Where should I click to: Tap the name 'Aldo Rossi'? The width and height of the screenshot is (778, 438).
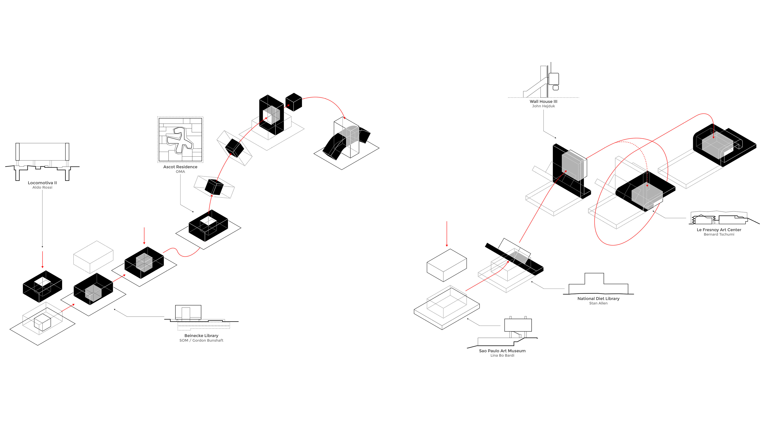[42, 187]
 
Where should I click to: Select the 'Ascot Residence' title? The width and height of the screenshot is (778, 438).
[180, 167]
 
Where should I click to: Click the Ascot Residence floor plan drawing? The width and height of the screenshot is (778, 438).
[180, 140]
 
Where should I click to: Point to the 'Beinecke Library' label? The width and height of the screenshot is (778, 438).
[201, 336]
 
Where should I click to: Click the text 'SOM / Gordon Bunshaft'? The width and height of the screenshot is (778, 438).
[201, 340]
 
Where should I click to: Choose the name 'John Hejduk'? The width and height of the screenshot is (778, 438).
[543, 106]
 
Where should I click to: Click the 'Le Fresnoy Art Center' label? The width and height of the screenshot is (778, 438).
[719, 230]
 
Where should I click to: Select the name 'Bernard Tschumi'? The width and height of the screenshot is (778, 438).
[719, 234]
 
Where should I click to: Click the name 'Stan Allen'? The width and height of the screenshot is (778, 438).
[598, 303]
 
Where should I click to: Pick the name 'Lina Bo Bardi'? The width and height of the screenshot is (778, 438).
[502, 355]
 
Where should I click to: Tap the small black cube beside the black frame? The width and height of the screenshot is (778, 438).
[294, 102]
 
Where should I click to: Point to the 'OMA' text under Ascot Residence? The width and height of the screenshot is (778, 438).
[180, 172]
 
